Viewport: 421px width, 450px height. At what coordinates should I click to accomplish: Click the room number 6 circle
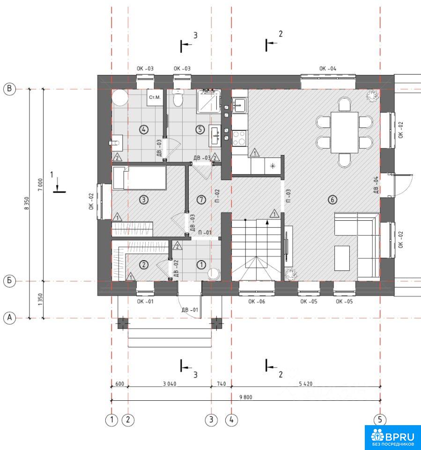pos(332,200)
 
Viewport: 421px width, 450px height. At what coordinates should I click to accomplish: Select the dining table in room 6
pos(344,133)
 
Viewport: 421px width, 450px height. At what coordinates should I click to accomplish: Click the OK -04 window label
pos(328,68)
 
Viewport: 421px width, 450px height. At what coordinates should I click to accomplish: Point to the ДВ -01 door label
pos(190,310)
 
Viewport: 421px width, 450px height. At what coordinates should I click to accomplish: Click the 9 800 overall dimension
pos(246,397)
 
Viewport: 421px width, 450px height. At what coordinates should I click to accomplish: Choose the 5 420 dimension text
pos(306,384)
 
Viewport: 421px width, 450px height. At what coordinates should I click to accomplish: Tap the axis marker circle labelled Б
pos(9,280)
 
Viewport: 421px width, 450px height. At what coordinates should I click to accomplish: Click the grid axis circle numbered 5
pos(380,420)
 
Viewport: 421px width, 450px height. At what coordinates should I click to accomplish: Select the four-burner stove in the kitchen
pos(239,138)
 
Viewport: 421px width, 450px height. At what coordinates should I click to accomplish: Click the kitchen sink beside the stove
pos(239,105)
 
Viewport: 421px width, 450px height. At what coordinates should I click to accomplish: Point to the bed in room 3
pos(140,178)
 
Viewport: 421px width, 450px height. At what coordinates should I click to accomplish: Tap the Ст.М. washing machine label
pos(155,97)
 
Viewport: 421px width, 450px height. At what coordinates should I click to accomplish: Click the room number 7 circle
pos(201,200)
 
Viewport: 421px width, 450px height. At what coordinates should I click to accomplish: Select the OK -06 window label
pos(257,301)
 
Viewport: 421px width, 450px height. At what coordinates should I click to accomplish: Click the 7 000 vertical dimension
pos(40,184)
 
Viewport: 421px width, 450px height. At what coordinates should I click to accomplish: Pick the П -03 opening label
pos(288,195)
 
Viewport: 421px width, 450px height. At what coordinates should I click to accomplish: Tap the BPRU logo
pos(392,437)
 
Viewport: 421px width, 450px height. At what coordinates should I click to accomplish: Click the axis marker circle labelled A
pos(9,318)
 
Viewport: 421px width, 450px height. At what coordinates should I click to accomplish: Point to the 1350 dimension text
pos(40,300)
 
